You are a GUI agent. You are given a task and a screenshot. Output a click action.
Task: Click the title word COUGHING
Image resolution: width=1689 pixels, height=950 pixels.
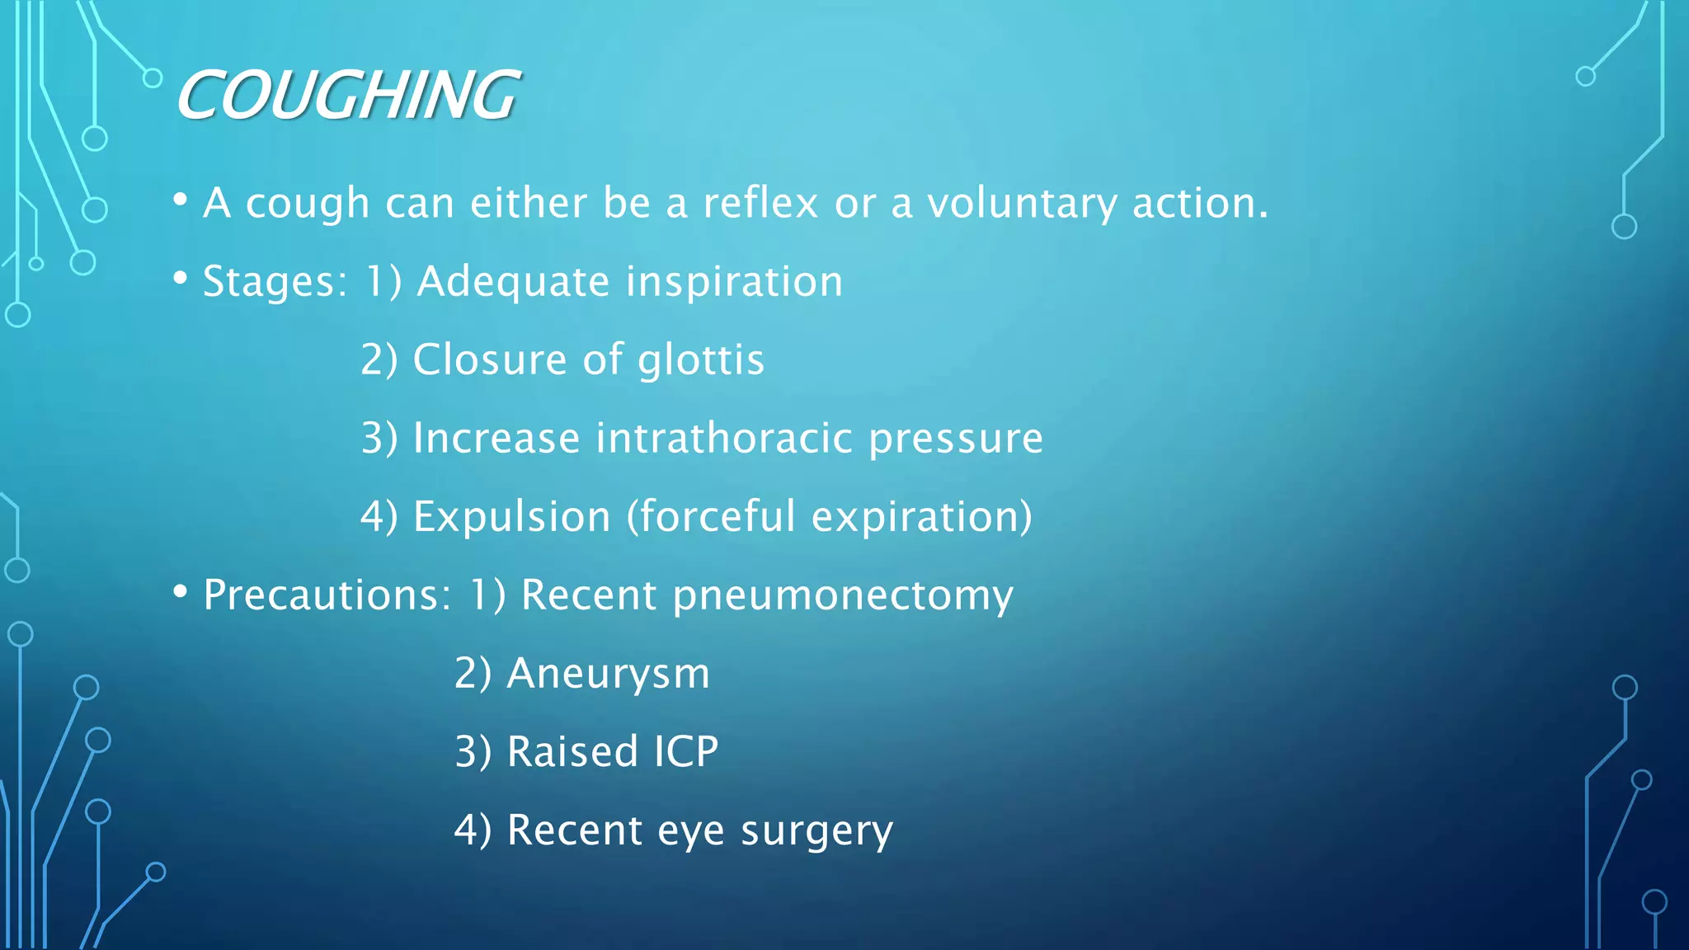click(x=347, y=95)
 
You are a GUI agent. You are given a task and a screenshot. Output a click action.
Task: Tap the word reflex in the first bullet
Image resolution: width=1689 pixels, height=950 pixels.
click(x=760, y=203)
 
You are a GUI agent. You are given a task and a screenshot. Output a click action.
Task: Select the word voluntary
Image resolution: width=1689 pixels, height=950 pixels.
click(x=1022, y=203)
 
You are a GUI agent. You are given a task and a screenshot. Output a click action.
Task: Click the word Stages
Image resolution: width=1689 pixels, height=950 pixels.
click(x=275, y=282)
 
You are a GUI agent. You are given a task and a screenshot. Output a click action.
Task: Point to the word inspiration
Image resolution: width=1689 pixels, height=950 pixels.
click(x=734, y=282)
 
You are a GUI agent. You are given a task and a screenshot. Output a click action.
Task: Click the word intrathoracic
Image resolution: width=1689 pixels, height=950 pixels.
click(x=724, y=438)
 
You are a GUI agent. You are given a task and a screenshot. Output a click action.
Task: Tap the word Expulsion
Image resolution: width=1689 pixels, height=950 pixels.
click(x=511, y=517)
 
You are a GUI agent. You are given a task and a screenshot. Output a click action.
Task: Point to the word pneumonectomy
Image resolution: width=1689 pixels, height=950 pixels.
click(x=843, y=595)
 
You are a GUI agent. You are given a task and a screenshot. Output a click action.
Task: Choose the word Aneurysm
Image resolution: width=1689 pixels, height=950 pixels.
click(x=608, y=674)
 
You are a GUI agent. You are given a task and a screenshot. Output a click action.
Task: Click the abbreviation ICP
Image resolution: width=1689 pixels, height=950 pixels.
click(x=686, y=751)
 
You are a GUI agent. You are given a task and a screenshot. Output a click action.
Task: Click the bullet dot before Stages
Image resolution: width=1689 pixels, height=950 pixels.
click(x=181, y=278)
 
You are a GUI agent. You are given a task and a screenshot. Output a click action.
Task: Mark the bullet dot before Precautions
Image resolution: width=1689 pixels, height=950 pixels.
click(x=181, y=591)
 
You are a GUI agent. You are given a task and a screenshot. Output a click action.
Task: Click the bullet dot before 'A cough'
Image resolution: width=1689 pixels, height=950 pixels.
click(x=181, y=200)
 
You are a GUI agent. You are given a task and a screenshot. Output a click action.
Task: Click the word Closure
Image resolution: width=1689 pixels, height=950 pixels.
click(x=490, y=360)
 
